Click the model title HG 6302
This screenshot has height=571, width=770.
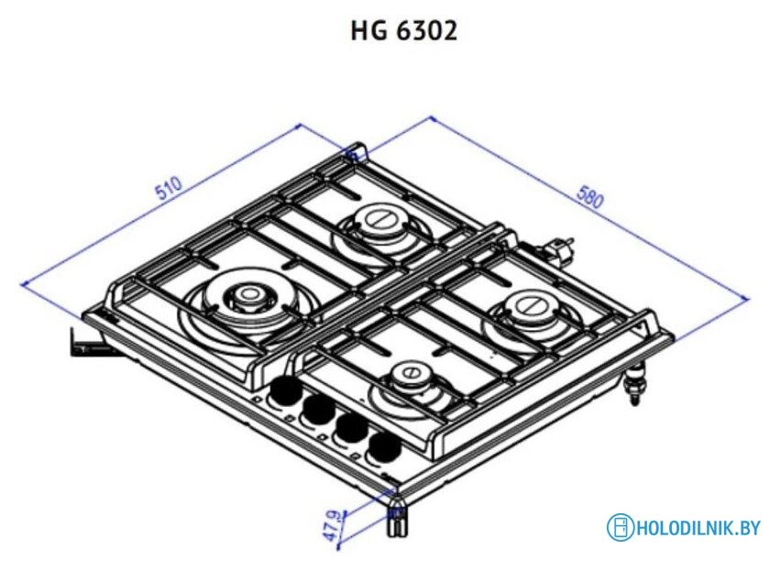coord(403,31)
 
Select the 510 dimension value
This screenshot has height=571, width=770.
coord(170,189)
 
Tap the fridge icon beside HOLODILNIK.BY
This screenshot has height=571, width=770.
coord(621,527)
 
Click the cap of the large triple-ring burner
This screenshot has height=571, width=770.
coord(247,295)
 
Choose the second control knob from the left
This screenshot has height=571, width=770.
coord(318,411)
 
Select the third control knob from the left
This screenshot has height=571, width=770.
coord(349,428)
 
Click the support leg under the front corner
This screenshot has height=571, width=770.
coord(396,519)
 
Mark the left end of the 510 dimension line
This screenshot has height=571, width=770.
coord(22,284)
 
